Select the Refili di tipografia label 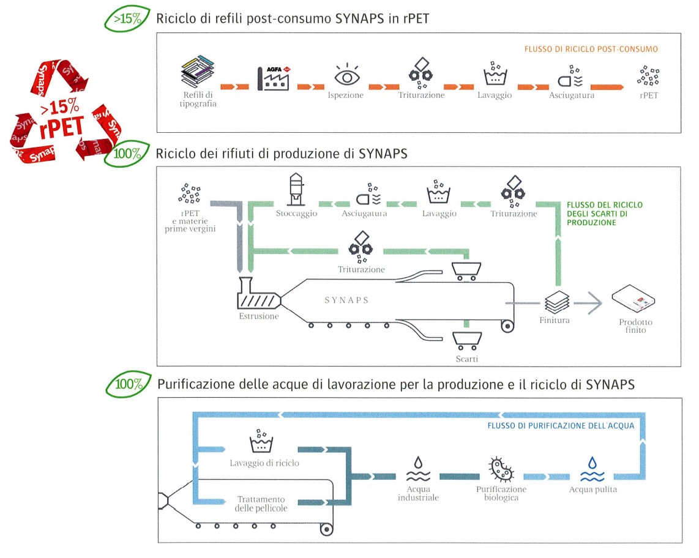pos(200,99)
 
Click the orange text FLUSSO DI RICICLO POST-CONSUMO pos(591,48)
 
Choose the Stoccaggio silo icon pos(296,190)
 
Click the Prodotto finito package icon pos(634,299)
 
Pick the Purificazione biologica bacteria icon pos(501,469)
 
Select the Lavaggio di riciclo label pos(265,463)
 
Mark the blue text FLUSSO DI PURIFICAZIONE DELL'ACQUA pos(561,425)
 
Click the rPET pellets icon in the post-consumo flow pos(648,76)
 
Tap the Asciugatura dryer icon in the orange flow pos(571,79)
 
